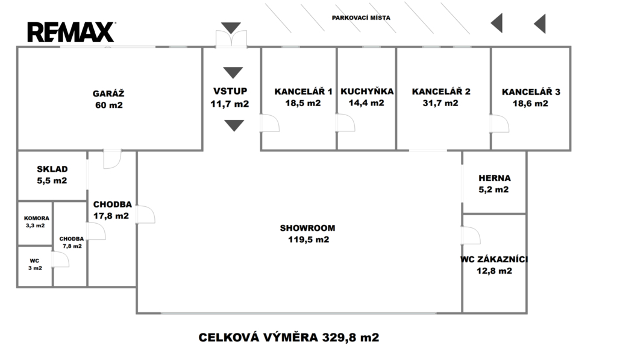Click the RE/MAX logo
[x=71, y=32]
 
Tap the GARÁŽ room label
[x=108, y=93]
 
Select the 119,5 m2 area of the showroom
[x=308, y=239]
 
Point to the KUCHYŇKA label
[x=367, y=92]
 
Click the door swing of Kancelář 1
[x=271, y=122]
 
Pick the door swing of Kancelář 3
[x=500, y=123]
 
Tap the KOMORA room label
[x=37, y=218]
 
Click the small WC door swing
[x=61, y=259]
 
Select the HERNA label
[x=495, y=178]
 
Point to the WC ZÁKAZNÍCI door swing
[x=471, y=236]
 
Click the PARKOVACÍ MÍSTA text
[x=361, y=17]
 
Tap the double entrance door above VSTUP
[x=231, y=39]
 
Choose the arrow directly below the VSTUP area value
[x=234, y=125]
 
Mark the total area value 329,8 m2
[x=351, y=338]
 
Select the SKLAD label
[x=52, y=169]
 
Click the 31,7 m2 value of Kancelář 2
[x=440, y=103]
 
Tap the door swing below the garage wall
[x=113, y=159]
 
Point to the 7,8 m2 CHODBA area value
[x=72, y=246]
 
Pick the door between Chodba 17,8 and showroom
[x=146, y=214]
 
